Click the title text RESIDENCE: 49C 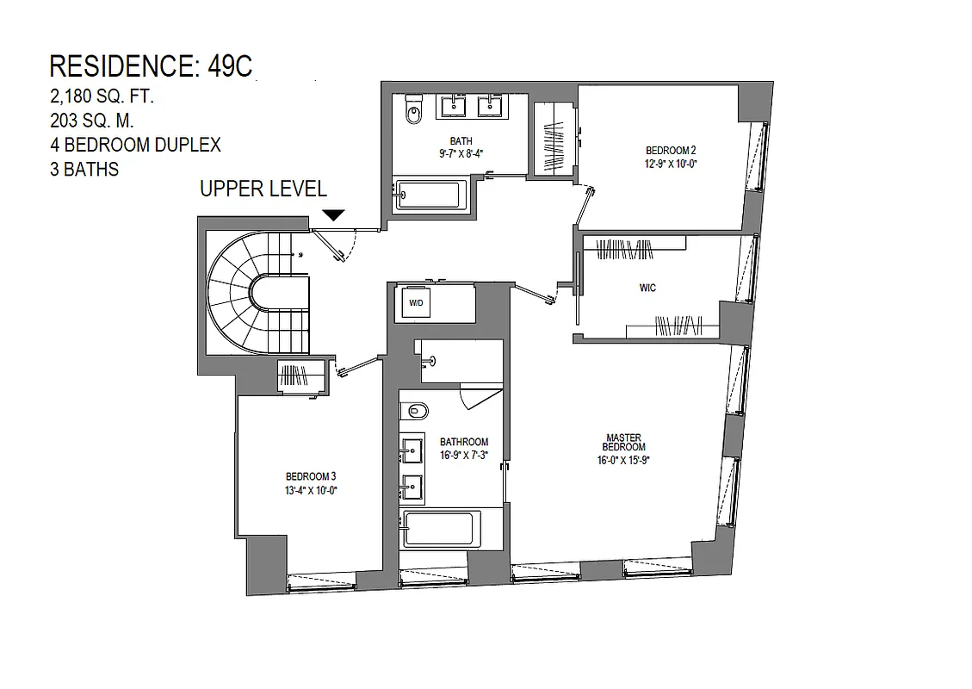(x=152, y=66)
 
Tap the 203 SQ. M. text (x=92, y=121)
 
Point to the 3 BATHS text (x=84, y=170)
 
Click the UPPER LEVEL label (x=263, y=189)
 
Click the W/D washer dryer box (x=416, y=303)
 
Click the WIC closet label (x=647, y=288)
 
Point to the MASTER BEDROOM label (x=624, y=442)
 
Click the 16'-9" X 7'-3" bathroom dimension (x=464, y=455)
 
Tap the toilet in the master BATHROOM (x=418, y=410)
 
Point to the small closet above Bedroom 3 (x=301, y=376)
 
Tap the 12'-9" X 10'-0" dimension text (x=670, y=162)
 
